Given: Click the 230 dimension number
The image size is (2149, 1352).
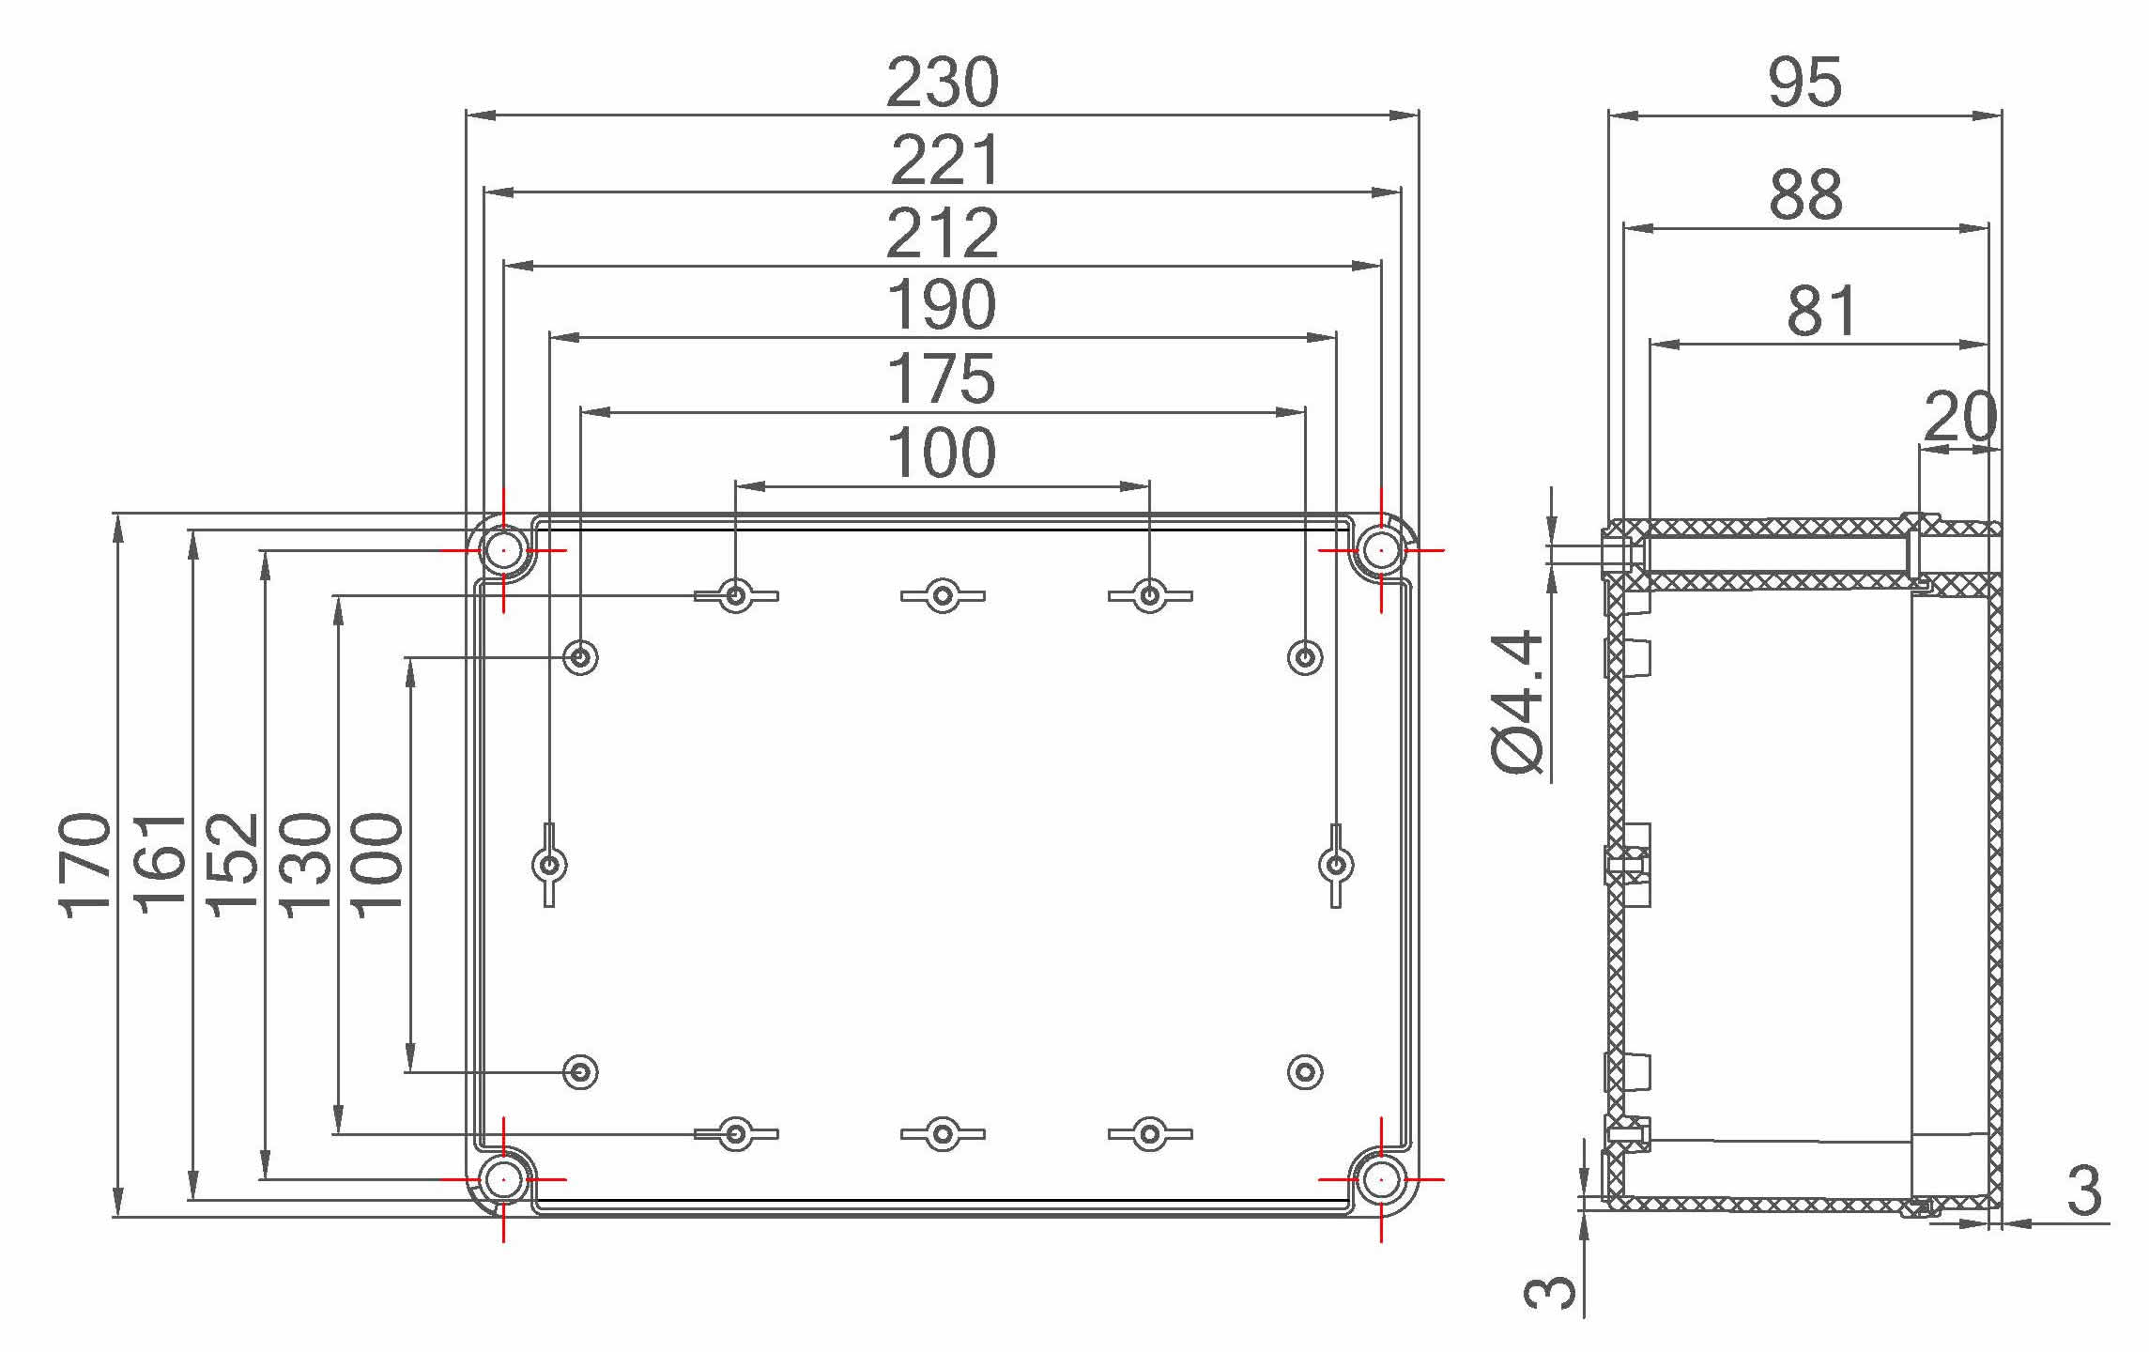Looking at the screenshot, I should [942, 83].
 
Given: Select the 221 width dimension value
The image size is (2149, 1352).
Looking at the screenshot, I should [944, 161].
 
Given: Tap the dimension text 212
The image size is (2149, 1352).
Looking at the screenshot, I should [942, 234].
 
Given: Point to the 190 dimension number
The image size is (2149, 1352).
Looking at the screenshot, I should [942, 305].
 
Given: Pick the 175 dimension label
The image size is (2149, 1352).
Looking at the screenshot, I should [942, 379].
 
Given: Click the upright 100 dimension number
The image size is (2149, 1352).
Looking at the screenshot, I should [942, 454].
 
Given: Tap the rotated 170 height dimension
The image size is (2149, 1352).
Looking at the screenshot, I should [84, 865].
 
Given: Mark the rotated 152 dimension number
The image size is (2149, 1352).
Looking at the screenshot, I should [233, 865].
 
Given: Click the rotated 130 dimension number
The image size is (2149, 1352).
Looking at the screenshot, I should [307, 865].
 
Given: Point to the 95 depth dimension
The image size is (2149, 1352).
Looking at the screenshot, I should [1804, 83].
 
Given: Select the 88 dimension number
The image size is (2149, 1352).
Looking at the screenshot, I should [1805, 195].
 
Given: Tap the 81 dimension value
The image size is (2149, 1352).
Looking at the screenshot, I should [1821, 312].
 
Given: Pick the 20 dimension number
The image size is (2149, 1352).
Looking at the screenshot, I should [1960, 417].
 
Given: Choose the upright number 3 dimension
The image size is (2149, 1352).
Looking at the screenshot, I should [2084, 1191].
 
